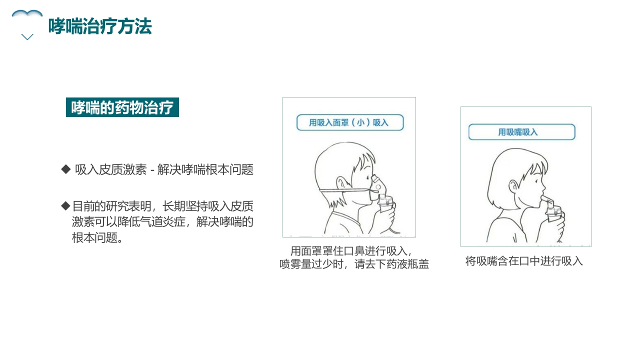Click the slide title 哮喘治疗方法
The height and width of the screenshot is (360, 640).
click(100, 26)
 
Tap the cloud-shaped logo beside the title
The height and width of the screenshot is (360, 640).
click(27, 15)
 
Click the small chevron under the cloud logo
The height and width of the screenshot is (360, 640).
click(27, 37)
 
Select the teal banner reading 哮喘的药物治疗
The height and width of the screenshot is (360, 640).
click(122, 107)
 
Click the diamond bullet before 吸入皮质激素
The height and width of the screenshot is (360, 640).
click(65, 169)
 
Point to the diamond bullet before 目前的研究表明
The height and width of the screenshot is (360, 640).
click(65, 205)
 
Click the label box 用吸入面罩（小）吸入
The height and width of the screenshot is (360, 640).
click(349, 122)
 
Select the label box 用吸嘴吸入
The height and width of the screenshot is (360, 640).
click(521, 132)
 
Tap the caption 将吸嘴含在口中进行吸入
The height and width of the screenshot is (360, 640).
click(524, 261)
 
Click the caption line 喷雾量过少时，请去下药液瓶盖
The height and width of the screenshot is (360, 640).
click(354, 264)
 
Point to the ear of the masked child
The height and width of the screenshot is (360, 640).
click(341, 183)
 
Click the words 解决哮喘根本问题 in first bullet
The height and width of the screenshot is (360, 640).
click(205, 170)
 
